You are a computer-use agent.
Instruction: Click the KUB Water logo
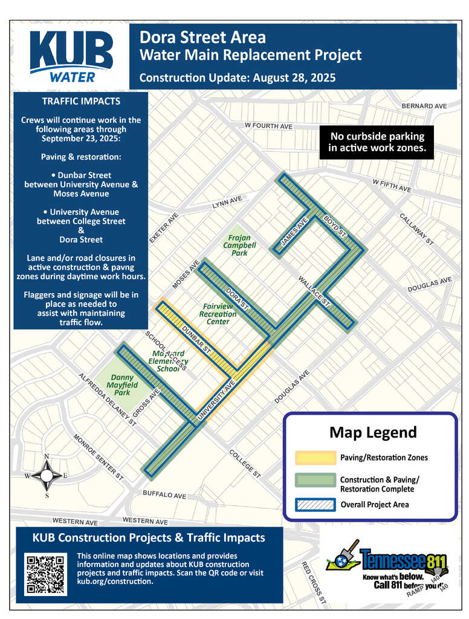pyautogui.click(x=71, y=56)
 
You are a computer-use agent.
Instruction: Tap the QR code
pyautogui.click(x=44, y=573)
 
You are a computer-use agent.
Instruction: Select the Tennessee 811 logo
pyautogui.click(x=387, y=565)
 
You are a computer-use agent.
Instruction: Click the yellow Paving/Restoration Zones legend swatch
pyautogui.click(x=314, y=458)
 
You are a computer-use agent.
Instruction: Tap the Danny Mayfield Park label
pyautogui.click(x=122, y=385)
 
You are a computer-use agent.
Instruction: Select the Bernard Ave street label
pyautogui.click(x=424, y=106)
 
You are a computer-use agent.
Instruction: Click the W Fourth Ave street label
pyautogui.click(x=268, y=126)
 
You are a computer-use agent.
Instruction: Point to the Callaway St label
pyautogui.click(x=417, y=228)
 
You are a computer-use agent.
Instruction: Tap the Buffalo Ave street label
pyautogui.click(x=164, y=495)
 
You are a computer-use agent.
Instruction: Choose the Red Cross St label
pyautogui.click(x=314, y=583)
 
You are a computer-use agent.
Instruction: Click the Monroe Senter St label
pyautogui.click(x=98, y=457)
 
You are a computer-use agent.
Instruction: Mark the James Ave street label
pyautogui.click(x=294, y=232)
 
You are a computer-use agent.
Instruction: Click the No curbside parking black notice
pyautogui.click(x=376, y=142)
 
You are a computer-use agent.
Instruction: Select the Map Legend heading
pyautogui.click(x=372, y=433)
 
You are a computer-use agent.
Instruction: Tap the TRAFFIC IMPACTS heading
pyautogui.click(x=81, y=102)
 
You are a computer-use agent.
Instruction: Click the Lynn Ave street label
pyautogui.click(x=227, y=203)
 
